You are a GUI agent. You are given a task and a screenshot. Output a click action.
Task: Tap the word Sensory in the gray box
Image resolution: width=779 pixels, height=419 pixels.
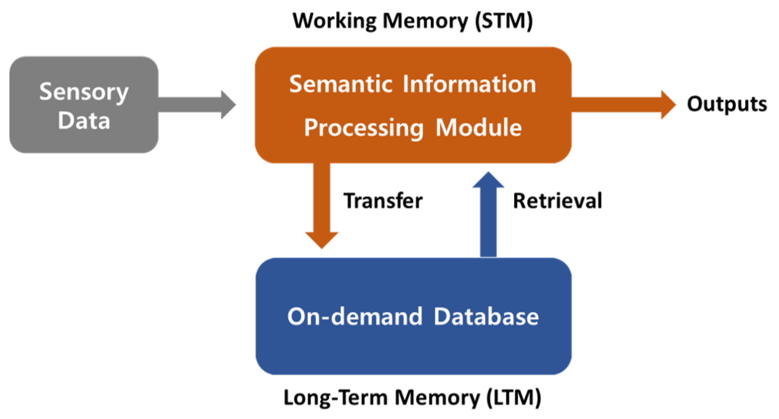[x=84, y=92]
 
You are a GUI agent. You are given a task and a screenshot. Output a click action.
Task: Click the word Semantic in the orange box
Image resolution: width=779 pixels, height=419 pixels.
[x=340, y=84]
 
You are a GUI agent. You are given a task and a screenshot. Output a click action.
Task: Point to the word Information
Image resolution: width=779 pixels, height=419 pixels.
[x=469, y=84]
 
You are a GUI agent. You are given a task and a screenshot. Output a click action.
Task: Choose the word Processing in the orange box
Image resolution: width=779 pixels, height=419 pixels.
[x=364, y=128]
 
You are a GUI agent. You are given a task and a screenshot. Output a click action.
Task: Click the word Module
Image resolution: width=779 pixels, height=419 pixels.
[x=479, y=128]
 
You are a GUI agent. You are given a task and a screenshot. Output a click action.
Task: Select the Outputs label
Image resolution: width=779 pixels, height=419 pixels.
[x=727, y=104]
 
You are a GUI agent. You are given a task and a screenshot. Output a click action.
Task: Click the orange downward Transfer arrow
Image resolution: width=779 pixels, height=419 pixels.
[x=321, y=205]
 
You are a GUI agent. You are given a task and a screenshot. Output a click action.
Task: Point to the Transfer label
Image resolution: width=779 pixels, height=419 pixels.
[x=383, y=201]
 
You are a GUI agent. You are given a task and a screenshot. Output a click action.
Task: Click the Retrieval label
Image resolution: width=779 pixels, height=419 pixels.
[x=557, y=201]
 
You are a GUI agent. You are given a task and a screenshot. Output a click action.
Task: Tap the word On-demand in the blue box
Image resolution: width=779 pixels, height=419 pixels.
[x=355, y=316]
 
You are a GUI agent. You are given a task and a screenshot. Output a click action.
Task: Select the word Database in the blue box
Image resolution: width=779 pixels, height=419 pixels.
[x=486, y=316]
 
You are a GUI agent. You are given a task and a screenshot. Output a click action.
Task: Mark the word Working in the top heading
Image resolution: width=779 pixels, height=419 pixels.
[x=335, y=21]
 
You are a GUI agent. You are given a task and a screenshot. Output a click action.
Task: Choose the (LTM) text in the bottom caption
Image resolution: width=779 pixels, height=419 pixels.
[x=514, y=397]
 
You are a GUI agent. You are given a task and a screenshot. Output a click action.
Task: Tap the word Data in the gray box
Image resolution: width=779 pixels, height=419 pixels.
[x=84, y=121]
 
